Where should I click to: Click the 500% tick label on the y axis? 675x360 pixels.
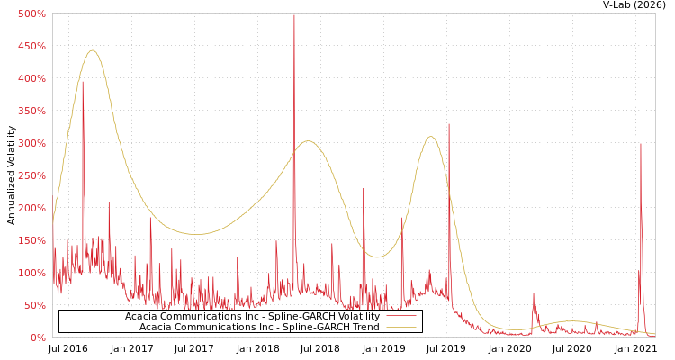(x=31, y=13)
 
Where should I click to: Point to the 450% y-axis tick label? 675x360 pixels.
(x=31, y=46)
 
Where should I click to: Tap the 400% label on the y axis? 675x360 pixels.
(x=31, y=78)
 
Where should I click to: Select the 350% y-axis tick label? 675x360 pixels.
(x=31, y=111)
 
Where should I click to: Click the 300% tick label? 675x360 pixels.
(x=31, y=143)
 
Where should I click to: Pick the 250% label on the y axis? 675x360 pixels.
(x=31, y=175)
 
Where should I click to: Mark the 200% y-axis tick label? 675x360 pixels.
(x=31, y=208)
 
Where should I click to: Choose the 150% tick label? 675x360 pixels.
(x=31, y=240)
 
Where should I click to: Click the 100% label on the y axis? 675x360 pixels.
(x=31, y=273)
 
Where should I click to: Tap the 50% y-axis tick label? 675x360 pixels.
(x=34, y=305)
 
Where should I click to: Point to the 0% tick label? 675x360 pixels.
(x=38, y=337)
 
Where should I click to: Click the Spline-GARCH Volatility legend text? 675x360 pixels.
(x=252, y=316)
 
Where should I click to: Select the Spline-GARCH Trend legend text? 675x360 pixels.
(x=259, y=327)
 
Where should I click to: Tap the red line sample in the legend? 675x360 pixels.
(x=400, y=316)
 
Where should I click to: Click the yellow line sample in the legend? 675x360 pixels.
(x=400, y=327)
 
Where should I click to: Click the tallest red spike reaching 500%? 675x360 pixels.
(x=293, y=15)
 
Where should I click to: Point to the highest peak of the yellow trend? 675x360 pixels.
(x=93, y=50)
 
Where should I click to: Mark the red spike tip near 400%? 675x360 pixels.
(x=83, y=81)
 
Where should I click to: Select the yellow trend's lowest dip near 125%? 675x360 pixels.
(x=378, y=257)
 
